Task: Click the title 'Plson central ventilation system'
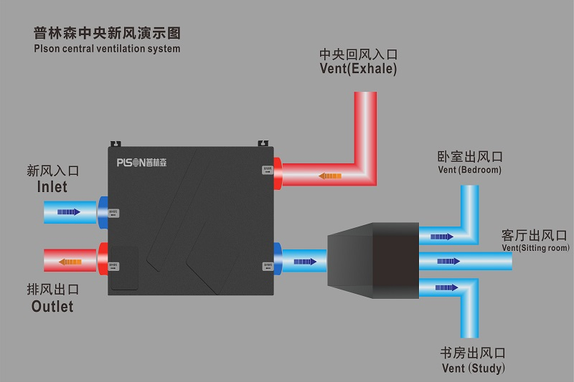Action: tap(107, 49)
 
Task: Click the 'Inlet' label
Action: tap(52, 186)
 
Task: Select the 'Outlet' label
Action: tap(52, 306)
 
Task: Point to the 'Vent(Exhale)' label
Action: tap(358, 69)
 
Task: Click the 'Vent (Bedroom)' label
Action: tap(469, 171)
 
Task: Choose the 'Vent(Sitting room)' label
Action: tap(535, 247)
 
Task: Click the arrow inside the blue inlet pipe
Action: tap(68, 212)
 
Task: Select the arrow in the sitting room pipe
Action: tap(448, 260)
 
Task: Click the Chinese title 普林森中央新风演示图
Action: tap(107, 33)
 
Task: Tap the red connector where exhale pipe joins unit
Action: tap(278, 171)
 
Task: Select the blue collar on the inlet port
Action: tap(103, 212)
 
